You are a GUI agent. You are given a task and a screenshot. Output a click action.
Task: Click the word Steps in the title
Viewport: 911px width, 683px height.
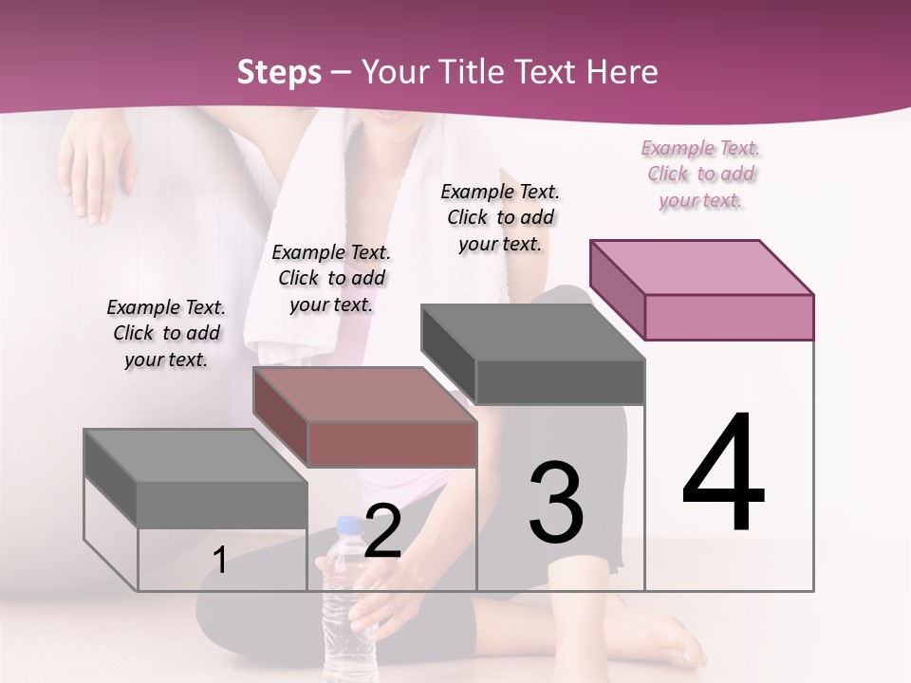click(x=279, y=72)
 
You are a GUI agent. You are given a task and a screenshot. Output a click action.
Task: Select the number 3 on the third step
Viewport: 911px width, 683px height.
click(x=556, y=503)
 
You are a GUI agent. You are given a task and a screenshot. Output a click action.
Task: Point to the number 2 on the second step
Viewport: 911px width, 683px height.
click(x=383, y=532)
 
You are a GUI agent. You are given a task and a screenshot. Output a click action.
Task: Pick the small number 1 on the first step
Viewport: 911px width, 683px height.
click(x=219, y=561)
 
